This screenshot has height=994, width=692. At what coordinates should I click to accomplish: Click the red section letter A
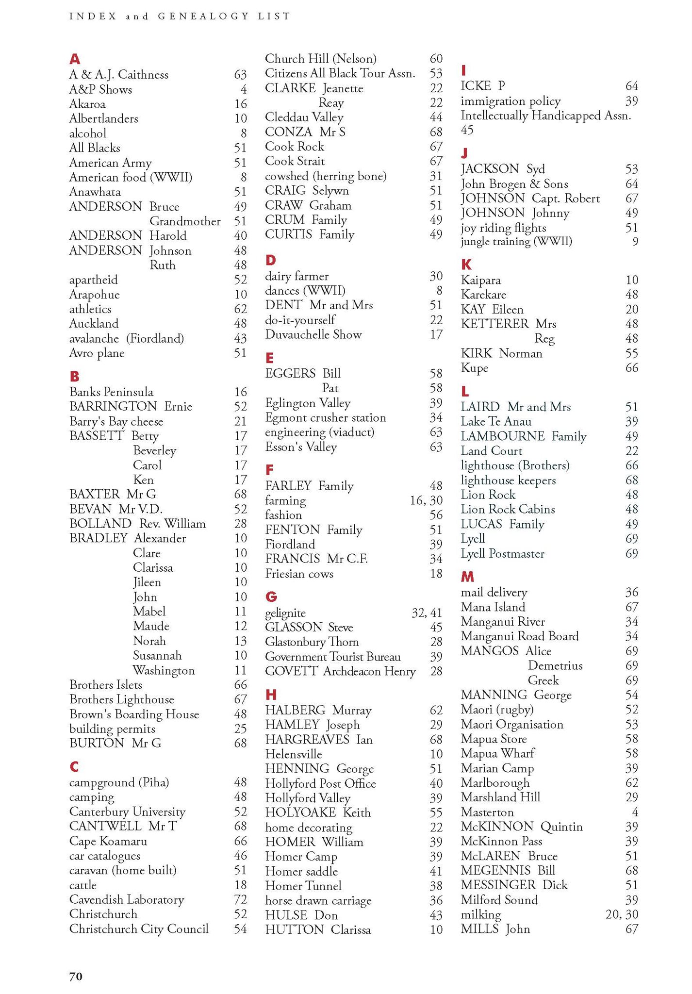pos(74,59)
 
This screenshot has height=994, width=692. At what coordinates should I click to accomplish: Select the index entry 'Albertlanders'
pos(103,118)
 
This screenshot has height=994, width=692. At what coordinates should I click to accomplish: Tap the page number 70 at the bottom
pos(76,976)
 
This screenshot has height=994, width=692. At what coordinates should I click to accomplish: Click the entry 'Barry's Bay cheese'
pos(116,421)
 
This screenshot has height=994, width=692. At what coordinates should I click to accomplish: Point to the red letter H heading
pos(271,695)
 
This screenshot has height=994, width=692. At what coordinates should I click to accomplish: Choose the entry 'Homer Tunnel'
pos(303,886)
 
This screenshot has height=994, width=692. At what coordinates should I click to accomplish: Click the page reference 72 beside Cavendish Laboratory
pos(240,899)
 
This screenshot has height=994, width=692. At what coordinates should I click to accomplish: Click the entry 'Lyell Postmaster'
pos(503,554)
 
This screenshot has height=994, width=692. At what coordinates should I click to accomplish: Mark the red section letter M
pos(467,577)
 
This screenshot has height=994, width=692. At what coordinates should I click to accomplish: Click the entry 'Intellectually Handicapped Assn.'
pos(546,116)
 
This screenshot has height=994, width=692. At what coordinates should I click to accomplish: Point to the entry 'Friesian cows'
pos(299,574)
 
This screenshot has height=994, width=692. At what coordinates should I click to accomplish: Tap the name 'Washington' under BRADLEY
pos(164,670)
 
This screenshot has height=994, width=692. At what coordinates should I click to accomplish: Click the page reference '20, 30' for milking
pos(622,914)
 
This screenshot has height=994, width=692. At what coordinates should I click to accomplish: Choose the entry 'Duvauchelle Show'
pos(313,334)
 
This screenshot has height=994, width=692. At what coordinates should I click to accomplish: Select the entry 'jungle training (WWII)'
pos(516,241)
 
